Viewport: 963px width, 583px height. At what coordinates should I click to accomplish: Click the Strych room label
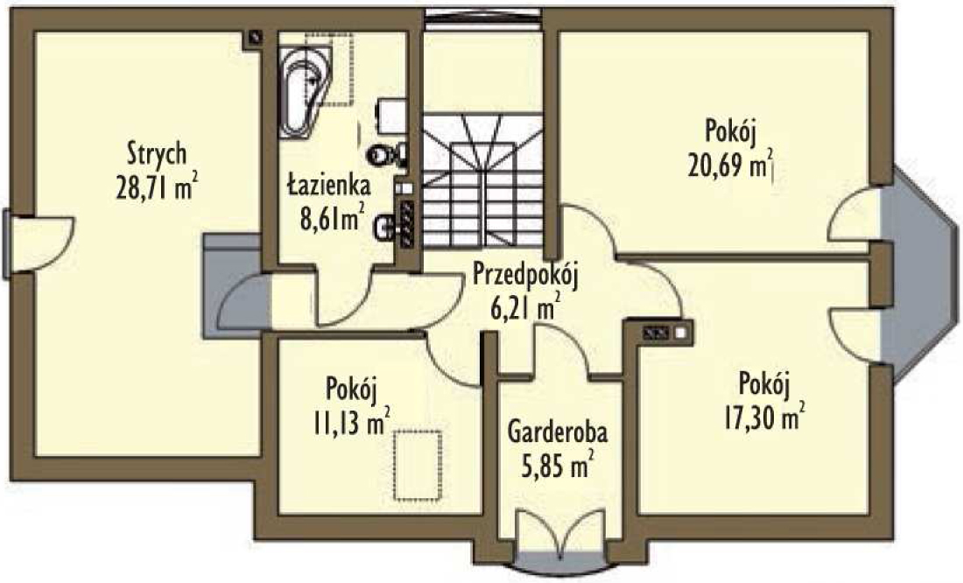(x=157, y=153)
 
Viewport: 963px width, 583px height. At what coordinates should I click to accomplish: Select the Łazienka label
(x=328, y=185)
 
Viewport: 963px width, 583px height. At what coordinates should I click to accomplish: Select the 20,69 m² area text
(x=729, y=165)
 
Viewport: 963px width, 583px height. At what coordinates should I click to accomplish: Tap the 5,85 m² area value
(x=558, y=465)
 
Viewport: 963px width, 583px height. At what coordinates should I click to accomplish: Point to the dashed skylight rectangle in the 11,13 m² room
(x=418, y=466)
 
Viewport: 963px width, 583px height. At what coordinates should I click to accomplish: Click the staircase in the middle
(x=483, y=180)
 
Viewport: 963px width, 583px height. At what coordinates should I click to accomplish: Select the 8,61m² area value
(x=333, y=217)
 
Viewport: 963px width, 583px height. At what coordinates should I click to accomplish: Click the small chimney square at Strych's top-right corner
(x=253, y=39)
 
